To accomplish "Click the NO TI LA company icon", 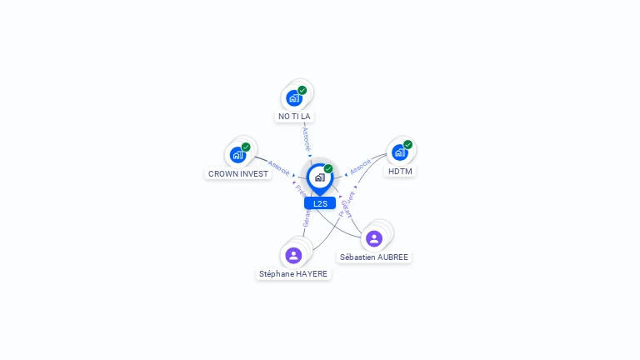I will [293, 98].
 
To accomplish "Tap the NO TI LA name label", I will [294, 117].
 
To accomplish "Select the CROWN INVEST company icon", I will [237, 155].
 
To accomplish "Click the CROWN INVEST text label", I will [238, 174].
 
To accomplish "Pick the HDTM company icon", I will [399, 152].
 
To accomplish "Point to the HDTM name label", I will [400, 172].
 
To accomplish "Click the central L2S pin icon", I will [319, 177].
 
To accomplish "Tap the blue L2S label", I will [320, 203].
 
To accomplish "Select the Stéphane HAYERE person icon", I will [293, 255].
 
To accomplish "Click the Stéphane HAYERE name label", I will [293, 273].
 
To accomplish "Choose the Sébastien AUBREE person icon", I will [374, 238].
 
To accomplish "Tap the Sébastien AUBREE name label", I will [374, 257].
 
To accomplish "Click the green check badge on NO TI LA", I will [302, 90].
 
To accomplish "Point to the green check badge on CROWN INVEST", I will [246, 147].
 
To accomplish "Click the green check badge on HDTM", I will [407, 144].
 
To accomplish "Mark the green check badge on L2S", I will [328, 168].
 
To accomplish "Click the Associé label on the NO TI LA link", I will [306, 137].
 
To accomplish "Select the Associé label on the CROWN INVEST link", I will [279, 167].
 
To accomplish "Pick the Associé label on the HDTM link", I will [360, 167].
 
